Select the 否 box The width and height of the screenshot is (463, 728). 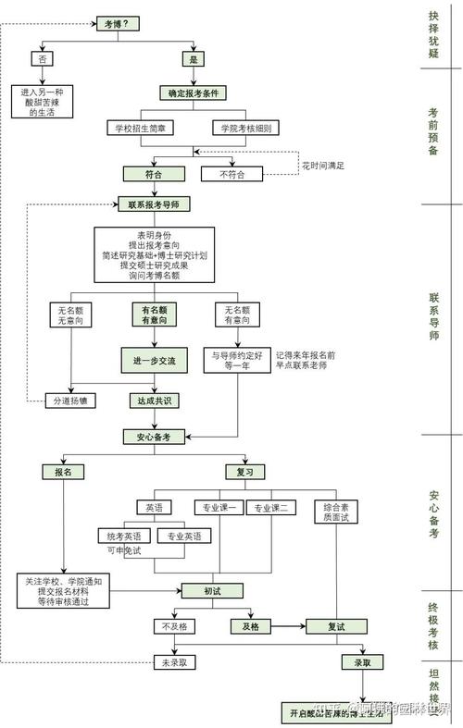coord(43,58)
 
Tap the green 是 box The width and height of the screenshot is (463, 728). coord(194,58)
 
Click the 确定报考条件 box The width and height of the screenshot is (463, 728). coord(194,93)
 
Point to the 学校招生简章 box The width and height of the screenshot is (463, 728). coord(142,128)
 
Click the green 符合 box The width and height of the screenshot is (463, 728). coord(154,173)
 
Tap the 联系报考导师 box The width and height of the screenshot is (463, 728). coord(154,204)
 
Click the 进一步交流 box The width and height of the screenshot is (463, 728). coord(154,359)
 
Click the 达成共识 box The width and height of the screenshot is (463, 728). coord(154,401)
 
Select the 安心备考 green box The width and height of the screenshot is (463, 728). coord(154,437)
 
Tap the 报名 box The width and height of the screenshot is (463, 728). coord(63,471)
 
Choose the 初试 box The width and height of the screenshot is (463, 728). coord(199,590)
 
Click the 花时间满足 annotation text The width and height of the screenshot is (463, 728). coord(323,165)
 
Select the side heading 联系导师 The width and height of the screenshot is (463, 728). coord(433,317)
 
